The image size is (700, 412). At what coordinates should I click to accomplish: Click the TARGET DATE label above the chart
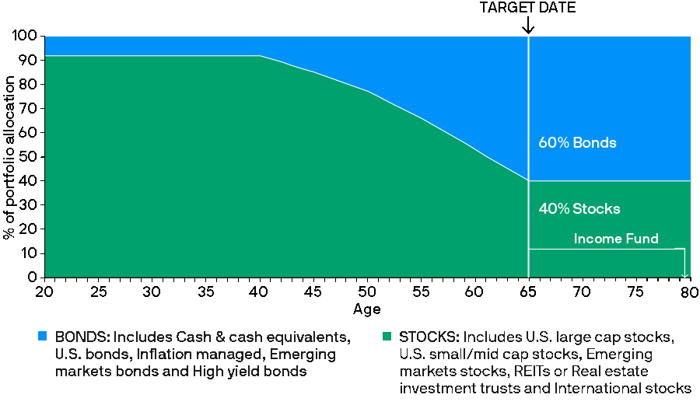(x=528, y=8)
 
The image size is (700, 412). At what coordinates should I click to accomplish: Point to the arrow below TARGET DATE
(x=528, y=26)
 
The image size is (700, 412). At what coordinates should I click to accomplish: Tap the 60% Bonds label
(x=577, y=143)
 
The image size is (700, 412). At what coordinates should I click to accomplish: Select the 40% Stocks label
(x=579, y=208)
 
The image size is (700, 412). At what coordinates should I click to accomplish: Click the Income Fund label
(x=615, y=239)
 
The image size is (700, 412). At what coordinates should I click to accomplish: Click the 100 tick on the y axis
(x=27, y=37)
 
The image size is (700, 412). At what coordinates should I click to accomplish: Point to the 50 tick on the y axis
(x=30, y=157)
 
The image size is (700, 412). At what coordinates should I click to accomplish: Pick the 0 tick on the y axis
(x=33, y=278)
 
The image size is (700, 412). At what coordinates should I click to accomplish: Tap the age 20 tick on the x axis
(x=45, y=292)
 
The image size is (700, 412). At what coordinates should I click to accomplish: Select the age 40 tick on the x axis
(x=259, y=292)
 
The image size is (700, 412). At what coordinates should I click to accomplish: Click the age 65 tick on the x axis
(x=528, y=292)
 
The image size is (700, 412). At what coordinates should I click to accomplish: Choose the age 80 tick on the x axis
(x=689, y=292)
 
